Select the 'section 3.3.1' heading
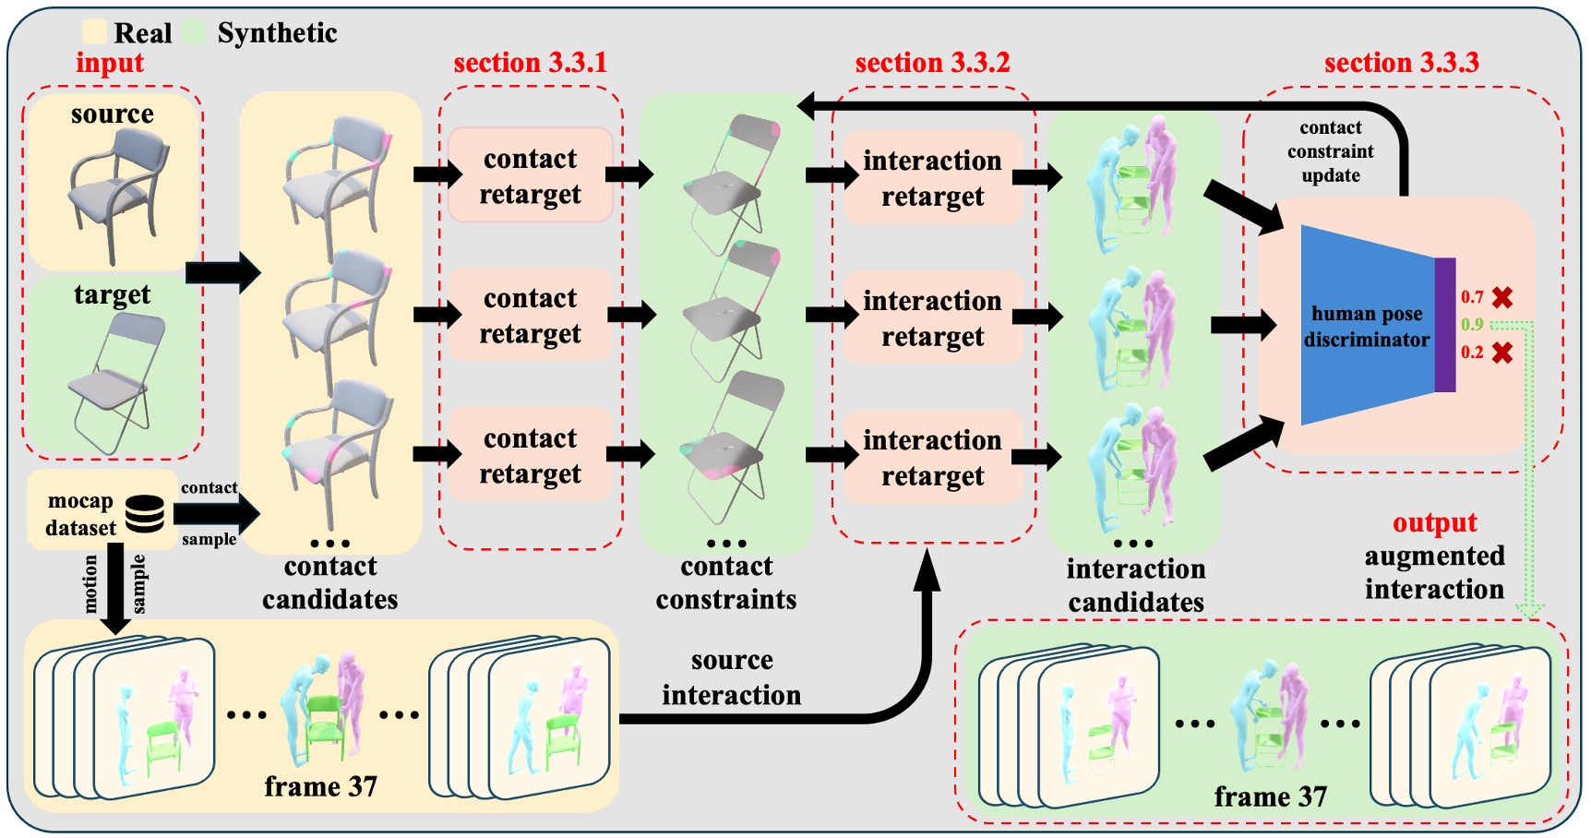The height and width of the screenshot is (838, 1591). point(530,63)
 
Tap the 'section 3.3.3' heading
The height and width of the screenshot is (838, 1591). point(1401,63)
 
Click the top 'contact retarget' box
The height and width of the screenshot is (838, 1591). point(530,175)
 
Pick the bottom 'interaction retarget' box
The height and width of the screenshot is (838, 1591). point(932,458)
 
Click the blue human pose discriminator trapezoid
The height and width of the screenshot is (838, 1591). point(1366,326)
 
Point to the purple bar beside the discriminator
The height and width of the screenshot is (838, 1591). point(1445,325)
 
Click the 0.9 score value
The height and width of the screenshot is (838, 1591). point(1472,325)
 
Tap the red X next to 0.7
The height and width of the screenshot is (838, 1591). point(1502,297)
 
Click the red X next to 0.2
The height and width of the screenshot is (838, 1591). point(1502,353)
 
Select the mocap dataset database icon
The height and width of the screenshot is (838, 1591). point(145,514)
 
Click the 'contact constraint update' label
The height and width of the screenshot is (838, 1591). point(1330,151)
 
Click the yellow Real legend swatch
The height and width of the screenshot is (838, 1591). point(94,32)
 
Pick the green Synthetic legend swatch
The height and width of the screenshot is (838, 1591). point(195,32)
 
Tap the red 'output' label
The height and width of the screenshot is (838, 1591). point(1434,522)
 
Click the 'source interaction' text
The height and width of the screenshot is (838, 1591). point(731,677)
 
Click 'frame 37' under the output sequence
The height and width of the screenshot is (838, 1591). point(1270,796)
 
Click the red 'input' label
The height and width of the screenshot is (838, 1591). point(110,63)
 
